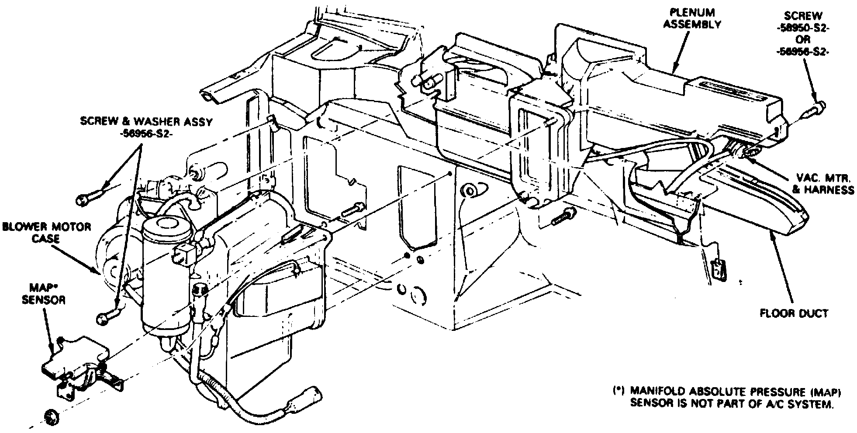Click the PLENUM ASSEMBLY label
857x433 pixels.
692,19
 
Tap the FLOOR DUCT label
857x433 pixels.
794,313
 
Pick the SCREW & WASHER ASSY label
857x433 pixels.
146,122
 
